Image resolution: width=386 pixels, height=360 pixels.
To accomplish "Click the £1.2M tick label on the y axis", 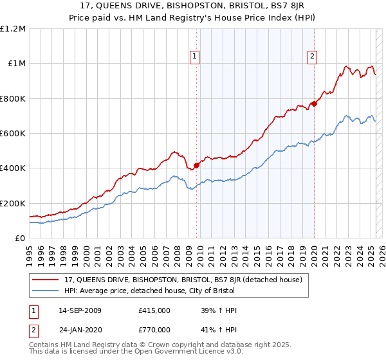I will pyautogui.click(x=12, y=29).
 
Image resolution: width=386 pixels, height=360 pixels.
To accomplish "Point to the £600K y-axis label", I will pyautogui.click(x=12, y=134).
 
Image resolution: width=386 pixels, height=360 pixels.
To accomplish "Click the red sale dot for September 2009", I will pyautogui.click(x=196, y=165).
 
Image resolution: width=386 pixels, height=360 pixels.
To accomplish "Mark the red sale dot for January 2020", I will pyautogui.click(x=314, y=104).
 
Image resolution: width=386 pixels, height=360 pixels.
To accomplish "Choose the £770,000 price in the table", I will pyautogui.click(x=154, y=330).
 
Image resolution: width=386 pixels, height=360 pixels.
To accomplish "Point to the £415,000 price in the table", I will pyautogui.click(x=154, y=310).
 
